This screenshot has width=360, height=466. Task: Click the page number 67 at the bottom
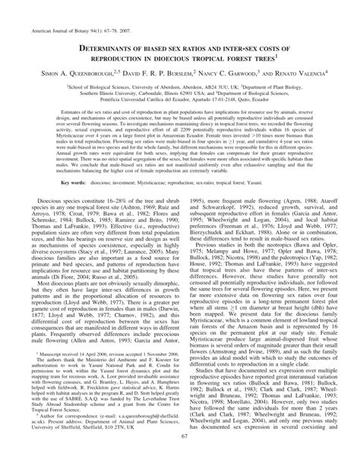point(180,459)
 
